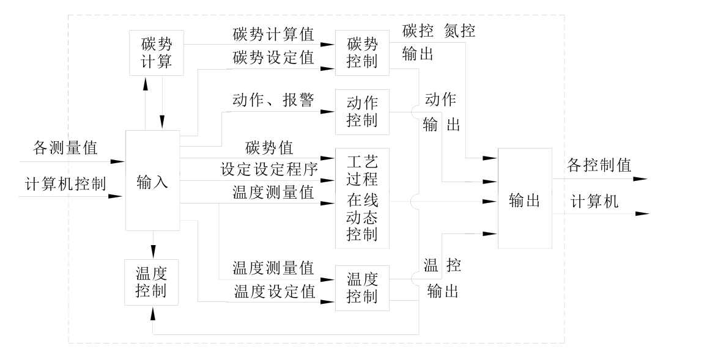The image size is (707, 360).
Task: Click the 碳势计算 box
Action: coord(157,53)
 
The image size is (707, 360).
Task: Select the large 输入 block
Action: coord(152,181)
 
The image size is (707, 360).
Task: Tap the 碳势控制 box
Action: coord(362,53)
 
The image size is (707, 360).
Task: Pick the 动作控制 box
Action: coord(362,111)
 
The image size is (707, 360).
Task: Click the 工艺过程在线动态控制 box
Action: coord(362,198)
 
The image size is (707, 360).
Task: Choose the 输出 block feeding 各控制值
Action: coord(525,199)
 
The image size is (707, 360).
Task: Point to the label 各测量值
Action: coord(65,147)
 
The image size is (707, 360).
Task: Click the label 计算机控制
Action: coord(65,183)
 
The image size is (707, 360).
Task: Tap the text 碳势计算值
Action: coord(273,34)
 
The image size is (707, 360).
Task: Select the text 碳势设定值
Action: coord(273,58)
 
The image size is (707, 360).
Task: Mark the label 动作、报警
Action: coord(273,100)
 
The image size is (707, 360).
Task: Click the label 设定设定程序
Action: coord(269,169)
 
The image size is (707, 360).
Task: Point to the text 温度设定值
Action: coord(273,292)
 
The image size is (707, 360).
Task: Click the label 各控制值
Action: coord(599,164)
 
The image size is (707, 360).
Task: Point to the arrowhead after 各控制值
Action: coord(642,180)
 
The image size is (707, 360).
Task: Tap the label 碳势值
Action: coord(269,147)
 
